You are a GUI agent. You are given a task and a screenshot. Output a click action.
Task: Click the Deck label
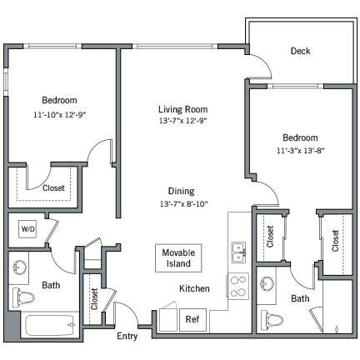pos(300,52)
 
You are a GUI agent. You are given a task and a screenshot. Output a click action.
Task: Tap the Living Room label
pos(182,109)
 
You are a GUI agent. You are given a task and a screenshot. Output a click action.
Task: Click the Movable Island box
pos(177,257)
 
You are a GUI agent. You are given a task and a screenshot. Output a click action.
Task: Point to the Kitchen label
pos(194,288)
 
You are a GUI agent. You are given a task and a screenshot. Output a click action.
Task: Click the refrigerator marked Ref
pos(192,318)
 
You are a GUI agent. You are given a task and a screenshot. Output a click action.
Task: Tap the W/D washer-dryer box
pos(27,228)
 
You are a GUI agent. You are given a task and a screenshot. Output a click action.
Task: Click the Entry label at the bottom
pos(127,336)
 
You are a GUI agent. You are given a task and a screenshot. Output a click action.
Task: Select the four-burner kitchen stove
pos(237,286)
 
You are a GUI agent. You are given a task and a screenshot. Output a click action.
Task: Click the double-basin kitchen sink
pos(237,252)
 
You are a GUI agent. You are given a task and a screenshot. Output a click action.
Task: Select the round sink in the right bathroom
pos(268,282)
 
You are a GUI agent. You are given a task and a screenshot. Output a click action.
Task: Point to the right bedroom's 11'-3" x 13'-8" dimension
pos(299,151)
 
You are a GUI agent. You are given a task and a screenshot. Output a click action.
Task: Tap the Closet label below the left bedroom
pos(53,188)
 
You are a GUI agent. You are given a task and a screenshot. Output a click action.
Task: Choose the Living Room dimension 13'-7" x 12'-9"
pos(182,121)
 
